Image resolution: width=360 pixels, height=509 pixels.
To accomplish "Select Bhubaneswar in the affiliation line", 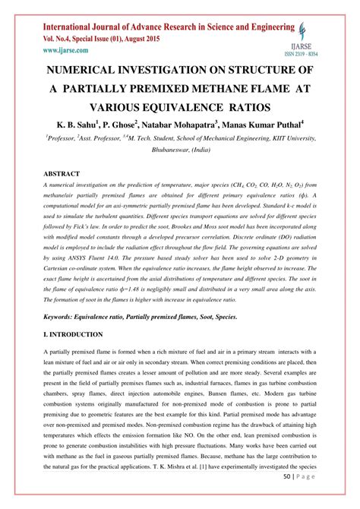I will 167,150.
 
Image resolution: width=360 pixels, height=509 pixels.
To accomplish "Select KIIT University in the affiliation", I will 286,139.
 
